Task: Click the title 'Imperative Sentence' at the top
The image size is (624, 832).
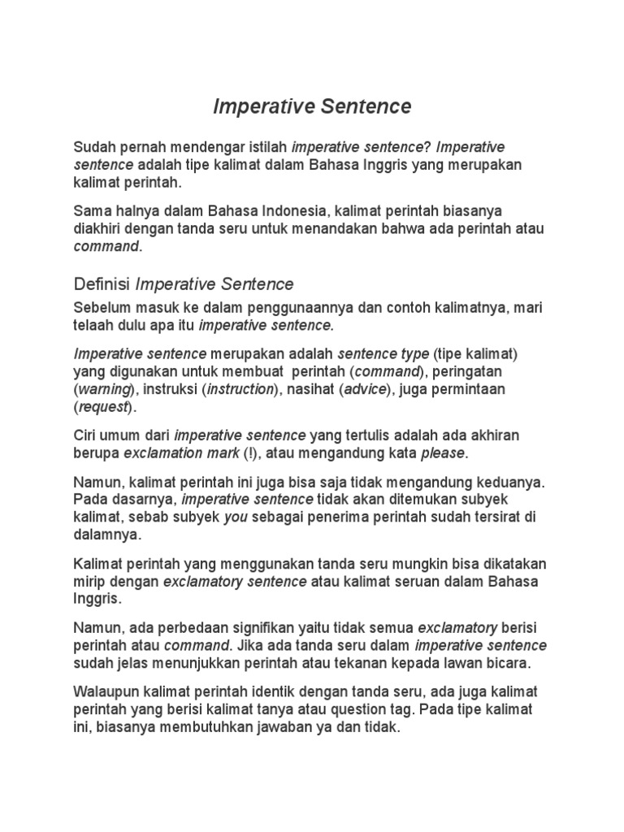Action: pos(312,106)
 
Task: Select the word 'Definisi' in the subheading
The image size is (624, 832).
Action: pos(102,284)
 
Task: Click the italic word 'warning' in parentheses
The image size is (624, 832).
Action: pos(103,389)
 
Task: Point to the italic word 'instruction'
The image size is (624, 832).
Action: pos(240,389)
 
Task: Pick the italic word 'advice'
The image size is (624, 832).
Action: pos(366,389)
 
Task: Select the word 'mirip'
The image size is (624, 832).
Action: pos(90,582)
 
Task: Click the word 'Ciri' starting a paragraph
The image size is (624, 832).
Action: pos(88,434)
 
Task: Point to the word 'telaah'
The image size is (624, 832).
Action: pos(93,325)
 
